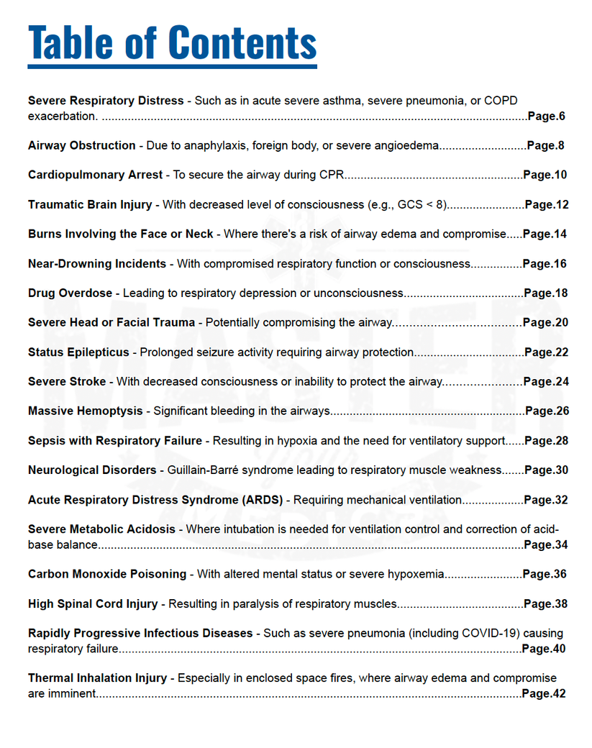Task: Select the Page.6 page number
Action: (546, 116)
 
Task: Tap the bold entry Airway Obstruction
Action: (81, 145)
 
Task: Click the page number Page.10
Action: (545, 175)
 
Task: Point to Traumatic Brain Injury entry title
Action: (90, 204)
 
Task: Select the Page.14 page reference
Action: (545, 234)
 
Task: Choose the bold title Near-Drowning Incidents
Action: (97, 263)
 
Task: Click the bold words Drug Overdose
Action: (70, 293)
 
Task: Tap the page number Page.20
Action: (545, 322)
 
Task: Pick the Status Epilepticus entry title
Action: (78, 352)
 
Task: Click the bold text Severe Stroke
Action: (67, 381)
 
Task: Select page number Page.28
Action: (546, 440)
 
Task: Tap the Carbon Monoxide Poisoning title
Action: (107, 574)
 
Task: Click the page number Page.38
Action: (545, 603)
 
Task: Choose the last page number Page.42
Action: (543, 693)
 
